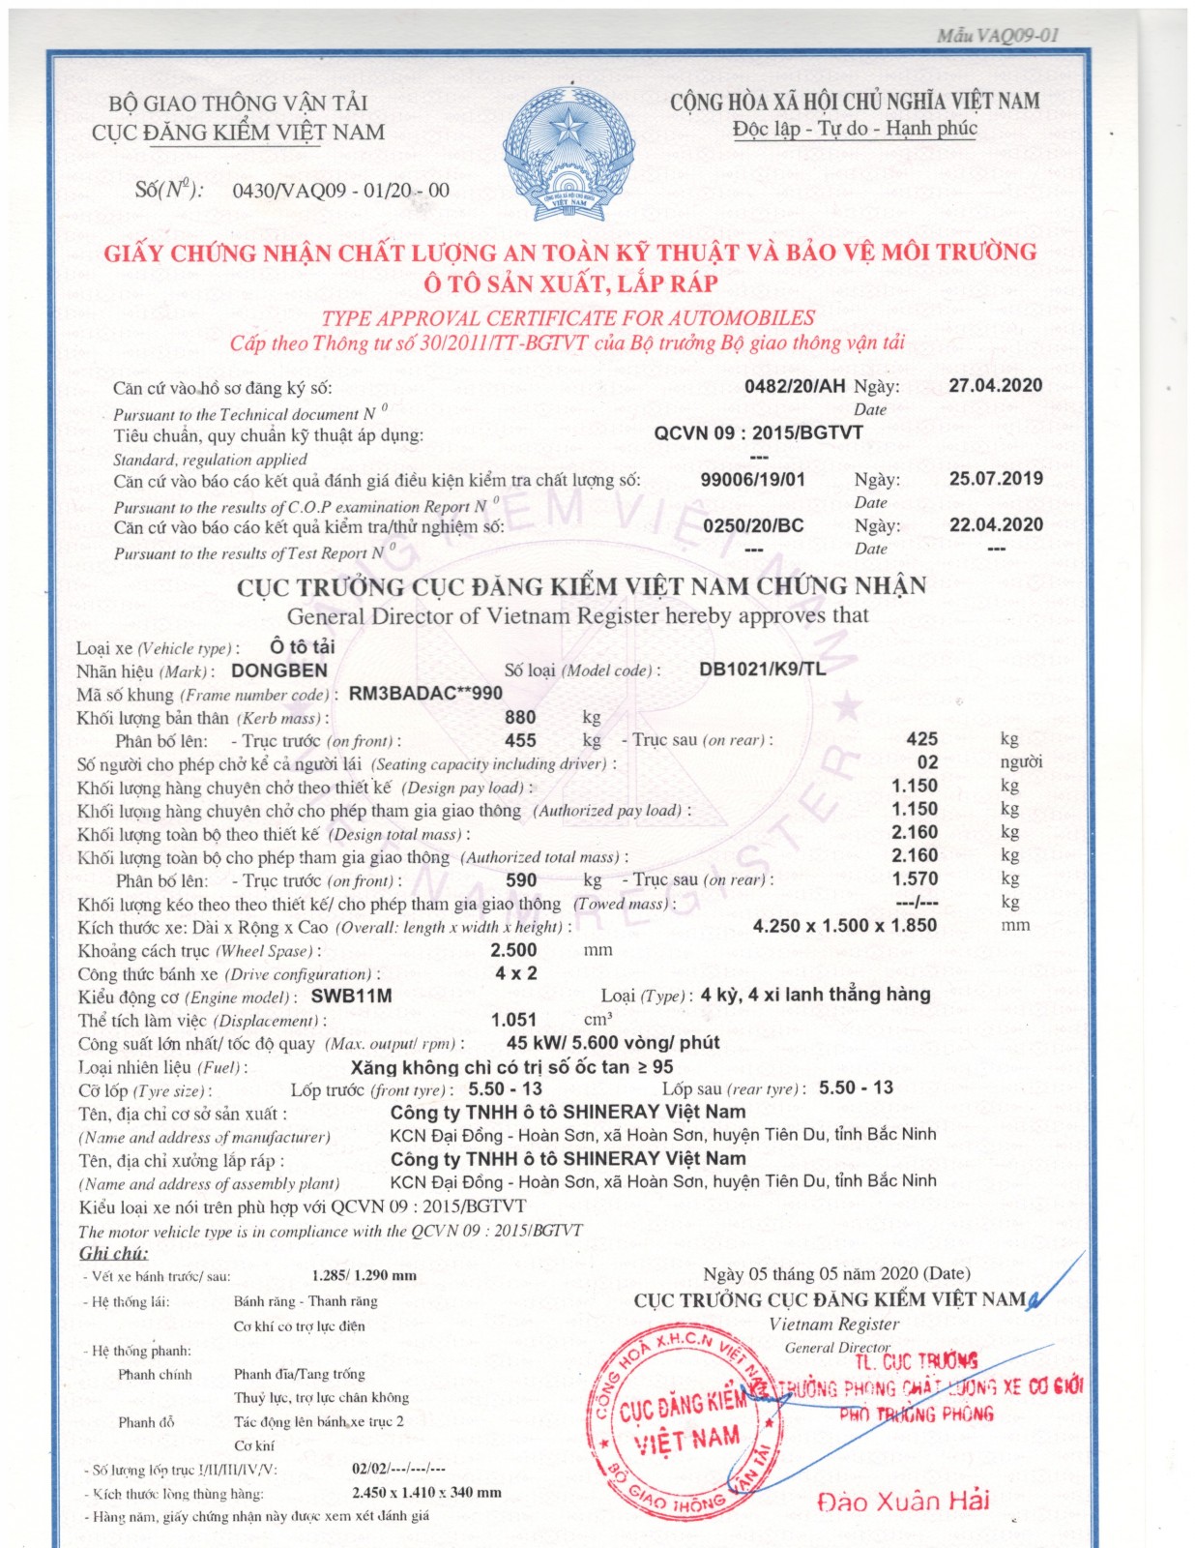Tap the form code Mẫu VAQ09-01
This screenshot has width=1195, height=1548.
pos(997,36)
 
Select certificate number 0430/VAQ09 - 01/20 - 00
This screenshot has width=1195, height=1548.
pos(340,190)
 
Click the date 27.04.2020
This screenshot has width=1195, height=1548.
pos(995,385)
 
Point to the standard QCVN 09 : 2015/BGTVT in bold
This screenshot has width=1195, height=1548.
pos(758,432)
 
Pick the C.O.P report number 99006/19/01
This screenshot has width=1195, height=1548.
pos(752,479)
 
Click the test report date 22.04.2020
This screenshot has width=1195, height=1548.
pos(996,524)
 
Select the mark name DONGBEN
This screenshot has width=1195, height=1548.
pos(279,670)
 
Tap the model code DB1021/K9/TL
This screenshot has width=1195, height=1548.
pos(762,669)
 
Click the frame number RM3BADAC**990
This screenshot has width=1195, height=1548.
pos(425,694)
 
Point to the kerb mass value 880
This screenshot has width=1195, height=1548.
pos(520,717)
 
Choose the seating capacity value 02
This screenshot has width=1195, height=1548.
pos(927,762)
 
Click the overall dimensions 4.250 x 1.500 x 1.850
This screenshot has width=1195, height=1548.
pos(844,926)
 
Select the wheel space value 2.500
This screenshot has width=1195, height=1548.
pos(513,950)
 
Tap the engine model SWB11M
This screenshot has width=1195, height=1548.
pos(351,997)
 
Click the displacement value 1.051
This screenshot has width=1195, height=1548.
pos(513,1020)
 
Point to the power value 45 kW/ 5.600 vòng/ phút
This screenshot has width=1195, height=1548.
pos(613,1043)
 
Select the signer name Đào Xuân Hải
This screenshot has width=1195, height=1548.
pos(903,1501)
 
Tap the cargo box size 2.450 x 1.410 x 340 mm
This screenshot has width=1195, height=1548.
pos(426,1493)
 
